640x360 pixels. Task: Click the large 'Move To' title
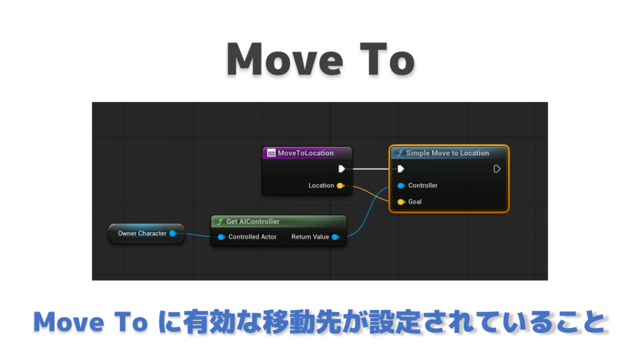(x=321, y=60)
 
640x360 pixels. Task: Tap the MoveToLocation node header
(x=307, y=153)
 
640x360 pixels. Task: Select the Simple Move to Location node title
(x=447, y=153)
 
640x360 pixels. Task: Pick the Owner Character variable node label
(x=142, y=234)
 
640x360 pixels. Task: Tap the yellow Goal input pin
(x=401, y=202)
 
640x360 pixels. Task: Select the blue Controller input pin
(x=401, y=186)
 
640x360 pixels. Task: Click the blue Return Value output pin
(x=336, y=237)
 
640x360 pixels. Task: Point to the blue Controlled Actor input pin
(x=221, y=237)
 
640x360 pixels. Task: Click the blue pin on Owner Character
(x=172, y=234)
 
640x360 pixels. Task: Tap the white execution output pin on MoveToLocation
(x=342, y=169)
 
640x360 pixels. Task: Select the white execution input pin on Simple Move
(x=401, y=169)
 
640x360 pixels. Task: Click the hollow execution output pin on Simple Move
(x=497, y=169)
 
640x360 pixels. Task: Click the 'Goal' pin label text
(x=415, y=202)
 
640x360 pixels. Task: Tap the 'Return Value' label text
(x=310, y=237)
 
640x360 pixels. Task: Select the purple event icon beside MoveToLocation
(x=271, y=153)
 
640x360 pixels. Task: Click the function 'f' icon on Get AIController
(x=220, y=222)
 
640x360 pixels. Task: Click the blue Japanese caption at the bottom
(x=320, y=322)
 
